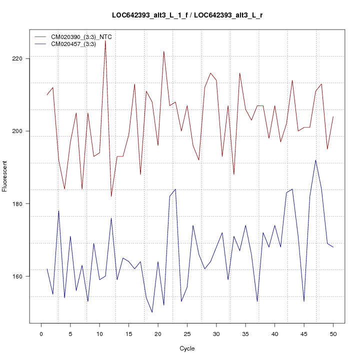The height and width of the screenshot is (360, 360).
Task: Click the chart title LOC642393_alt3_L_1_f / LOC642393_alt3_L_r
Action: pyautogui.click(x=187, y=15)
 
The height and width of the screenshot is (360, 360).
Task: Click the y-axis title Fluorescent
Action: pyautogui.click(x=5, y=176)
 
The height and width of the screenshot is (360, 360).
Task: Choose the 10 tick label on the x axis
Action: pyautogui.click(x=99, y=333)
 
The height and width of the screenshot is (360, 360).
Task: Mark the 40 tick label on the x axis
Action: pyautogui.click(x=274, y=333)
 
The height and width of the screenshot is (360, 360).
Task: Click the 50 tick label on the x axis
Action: pyautogui.click(x=333, y=333)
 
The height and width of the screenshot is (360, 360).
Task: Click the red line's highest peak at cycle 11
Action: pyautogui.click(x=105, y=40)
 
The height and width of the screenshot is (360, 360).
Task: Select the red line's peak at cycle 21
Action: pyautogui.click(x=163, y=51)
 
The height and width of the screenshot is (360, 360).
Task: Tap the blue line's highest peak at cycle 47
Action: pyautogui.click(x=315, y=160)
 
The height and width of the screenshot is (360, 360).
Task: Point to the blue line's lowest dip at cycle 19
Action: pyautogui.click(x=152, y=312)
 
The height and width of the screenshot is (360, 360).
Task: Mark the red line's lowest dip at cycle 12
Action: pyautogui.click(x=111, y=196)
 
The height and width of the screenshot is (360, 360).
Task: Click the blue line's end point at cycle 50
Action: pyautogui.click(x=333, y=247)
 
